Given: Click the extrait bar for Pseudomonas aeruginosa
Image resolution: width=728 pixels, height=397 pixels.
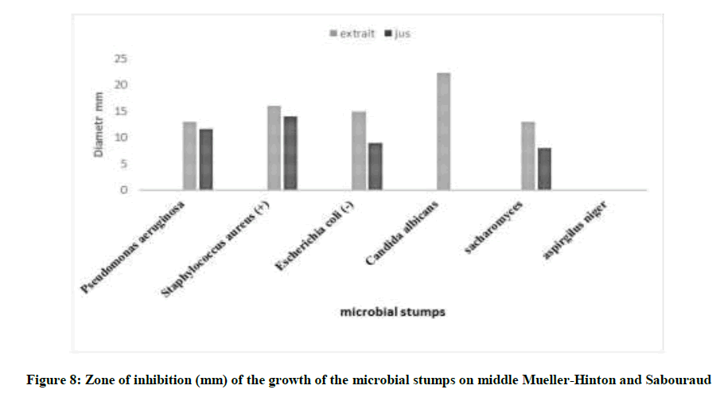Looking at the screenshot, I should (x=189, y=156).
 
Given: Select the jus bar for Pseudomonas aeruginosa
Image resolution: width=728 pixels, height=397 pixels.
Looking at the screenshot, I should (x=206, y=159).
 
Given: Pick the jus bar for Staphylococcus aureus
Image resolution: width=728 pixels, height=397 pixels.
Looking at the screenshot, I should (x=290, y=153).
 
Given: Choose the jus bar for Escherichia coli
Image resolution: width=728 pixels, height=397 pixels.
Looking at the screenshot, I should (x=376, y=166).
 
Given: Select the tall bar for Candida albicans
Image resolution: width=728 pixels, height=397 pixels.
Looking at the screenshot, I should (x=443, y=131).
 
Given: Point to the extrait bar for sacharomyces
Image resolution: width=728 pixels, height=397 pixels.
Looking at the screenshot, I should (x=528, y=156).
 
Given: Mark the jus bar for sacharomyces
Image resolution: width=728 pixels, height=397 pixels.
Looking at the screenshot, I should (x=544, y=169).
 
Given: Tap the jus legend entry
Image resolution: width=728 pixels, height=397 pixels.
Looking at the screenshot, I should (x=398, y=34).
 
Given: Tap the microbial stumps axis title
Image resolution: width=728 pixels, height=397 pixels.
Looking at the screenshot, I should (x=392, y=312).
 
